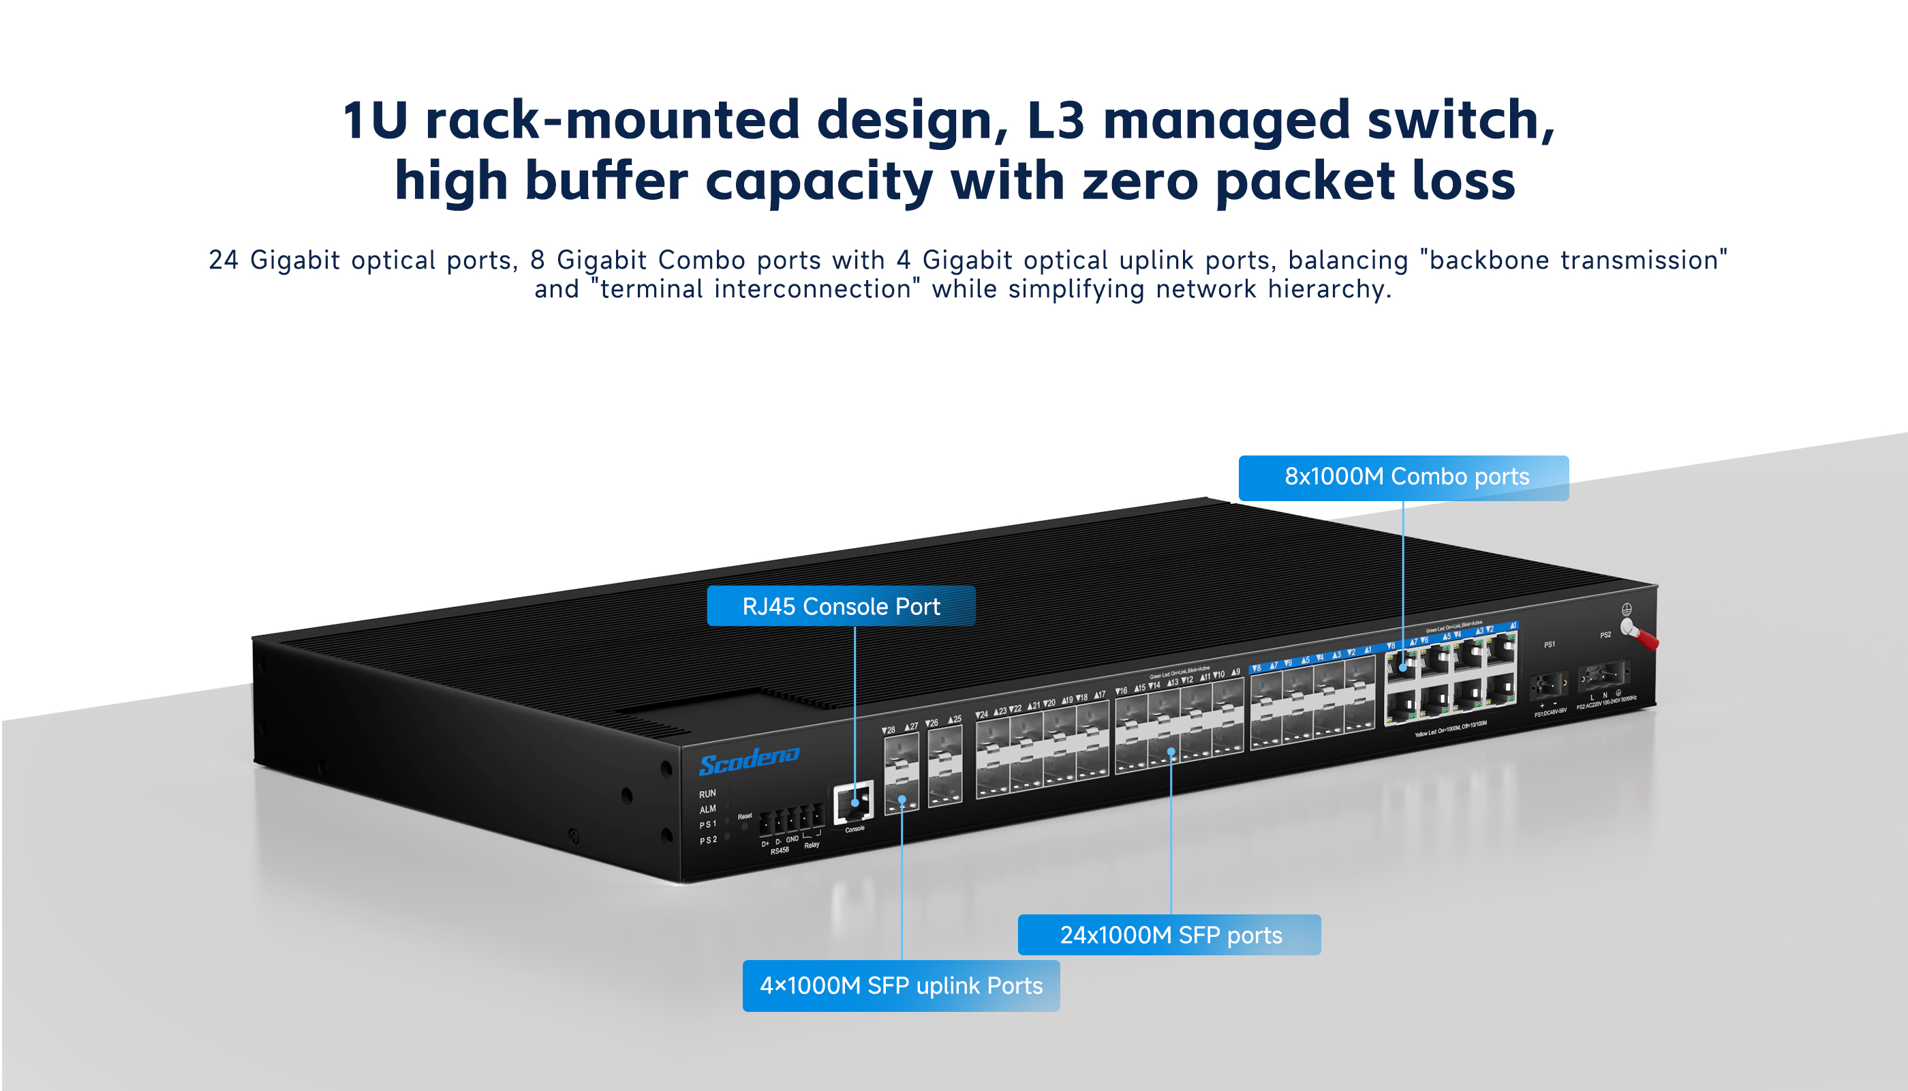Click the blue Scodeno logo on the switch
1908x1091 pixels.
(x=749, y=760)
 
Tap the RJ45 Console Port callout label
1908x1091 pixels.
(x=840, y=606)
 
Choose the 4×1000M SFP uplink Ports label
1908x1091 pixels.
(x=901, y=986)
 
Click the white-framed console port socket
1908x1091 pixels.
(x=854, y=802)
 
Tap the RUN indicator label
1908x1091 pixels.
(x=707, y=794)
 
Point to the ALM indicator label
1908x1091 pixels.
(x=707, y=809)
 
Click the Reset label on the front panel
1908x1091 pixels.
(x=744, y=816)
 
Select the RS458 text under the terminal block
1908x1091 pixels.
(x=780, y=851)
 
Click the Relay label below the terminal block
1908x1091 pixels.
(x=812, y=846)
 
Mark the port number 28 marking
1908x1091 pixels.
(x=889, y=730)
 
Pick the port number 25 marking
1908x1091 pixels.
(x=955, y=719)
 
